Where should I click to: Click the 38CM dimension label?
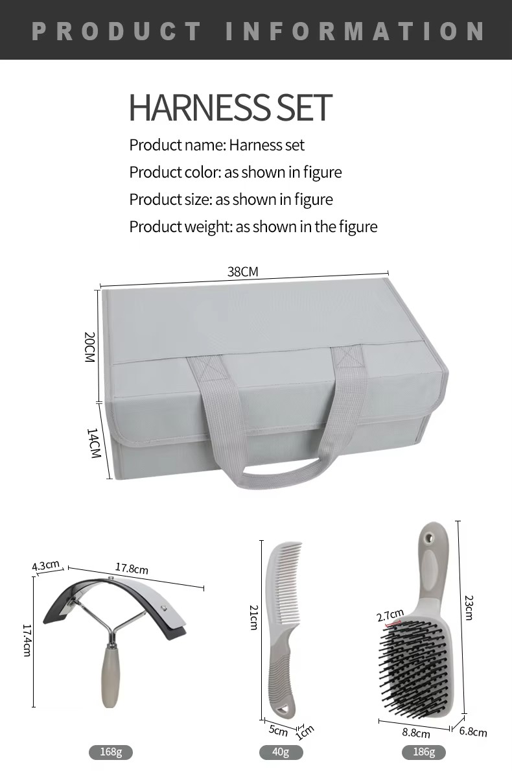(243, 272)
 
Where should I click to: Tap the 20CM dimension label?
(89, 347)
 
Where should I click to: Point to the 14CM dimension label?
(93, 443)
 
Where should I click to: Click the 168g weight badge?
(111, 752)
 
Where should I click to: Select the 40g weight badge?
(281, 752)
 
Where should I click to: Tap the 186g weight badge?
(424, 752)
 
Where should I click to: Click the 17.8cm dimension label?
(132, 569)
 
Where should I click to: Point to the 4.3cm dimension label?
(46, 565)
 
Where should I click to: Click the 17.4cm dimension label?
(27, 640)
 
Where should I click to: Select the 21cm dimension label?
(253, 617)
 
